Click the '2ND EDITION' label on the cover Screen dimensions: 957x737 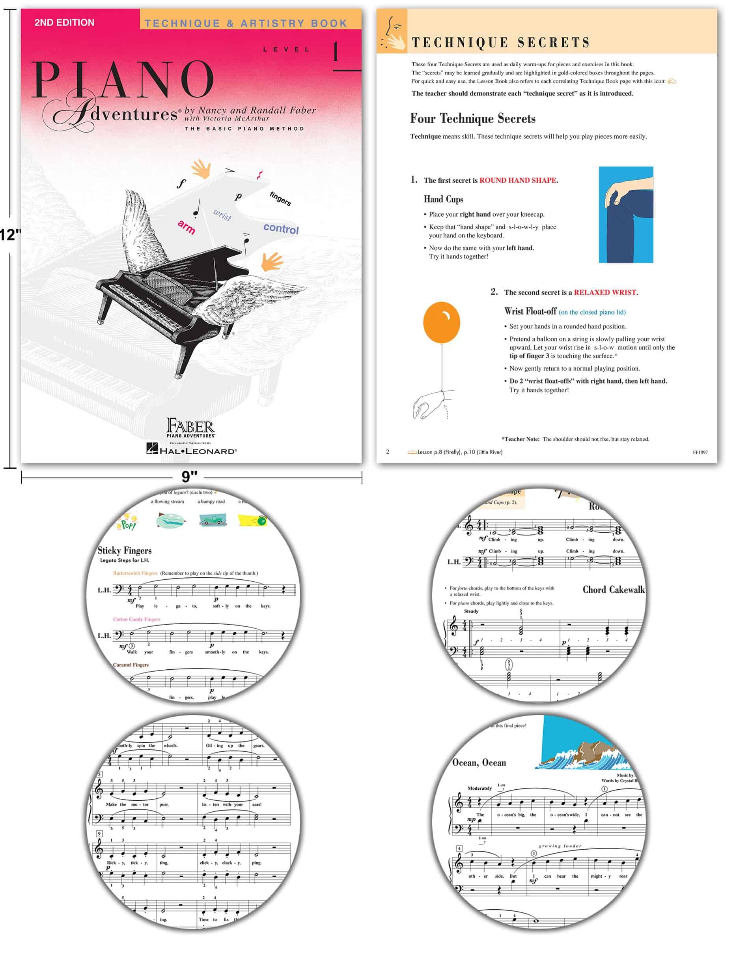tap(64, 22)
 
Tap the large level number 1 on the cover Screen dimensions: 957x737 tap(336, 52)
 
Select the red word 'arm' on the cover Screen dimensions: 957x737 tap(187, 227)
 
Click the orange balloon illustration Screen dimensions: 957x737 tap(441, 322)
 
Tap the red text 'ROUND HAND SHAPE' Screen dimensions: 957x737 tap(518, 180)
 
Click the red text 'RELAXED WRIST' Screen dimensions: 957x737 tap(605, 292)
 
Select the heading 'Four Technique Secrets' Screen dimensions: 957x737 tap(472, 118)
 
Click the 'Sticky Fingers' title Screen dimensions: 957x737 tap(124, 551)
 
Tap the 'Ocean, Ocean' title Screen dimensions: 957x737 tap(479, 762)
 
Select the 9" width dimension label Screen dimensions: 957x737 tap(190, 476)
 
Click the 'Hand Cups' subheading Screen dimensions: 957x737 tap(443, 199)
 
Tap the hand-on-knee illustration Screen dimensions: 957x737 tap(625, 214)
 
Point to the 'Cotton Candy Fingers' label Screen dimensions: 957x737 tap(136, 619)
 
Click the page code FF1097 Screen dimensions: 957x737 tap(700, 452)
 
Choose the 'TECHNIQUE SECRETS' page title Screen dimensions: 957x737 tap(500, 43)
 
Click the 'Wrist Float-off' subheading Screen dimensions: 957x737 tap(530, 311)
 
